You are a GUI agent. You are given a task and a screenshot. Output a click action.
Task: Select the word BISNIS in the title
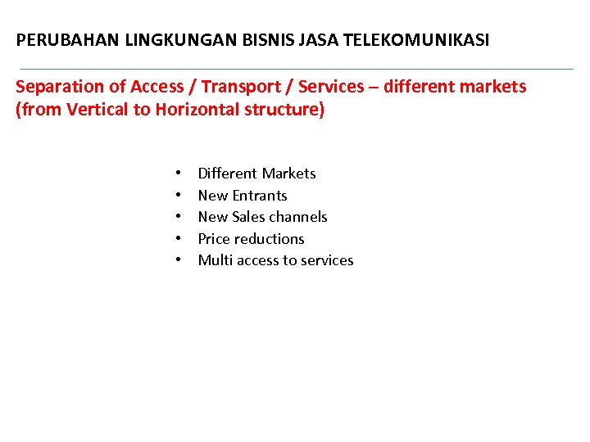pyautogui.click(x=233, y=39)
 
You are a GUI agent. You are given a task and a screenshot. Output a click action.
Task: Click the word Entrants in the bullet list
pyautogui.click(x=260, y=196)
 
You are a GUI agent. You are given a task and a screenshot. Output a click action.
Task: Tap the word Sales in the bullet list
pyautogui.click(x=249, y=217)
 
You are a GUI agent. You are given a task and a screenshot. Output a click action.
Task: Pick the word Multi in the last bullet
pyautogui.click(x=215, y=260)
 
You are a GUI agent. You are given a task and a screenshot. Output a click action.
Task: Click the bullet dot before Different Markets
pyautogui.click(x=178, y=174)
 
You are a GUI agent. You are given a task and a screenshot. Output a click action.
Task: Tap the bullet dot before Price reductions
pyautogui.click(x=178, y=239)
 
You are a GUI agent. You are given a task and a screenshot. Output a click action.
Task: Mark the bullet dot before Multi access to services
pyautogui.click(x=178, y=260)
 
